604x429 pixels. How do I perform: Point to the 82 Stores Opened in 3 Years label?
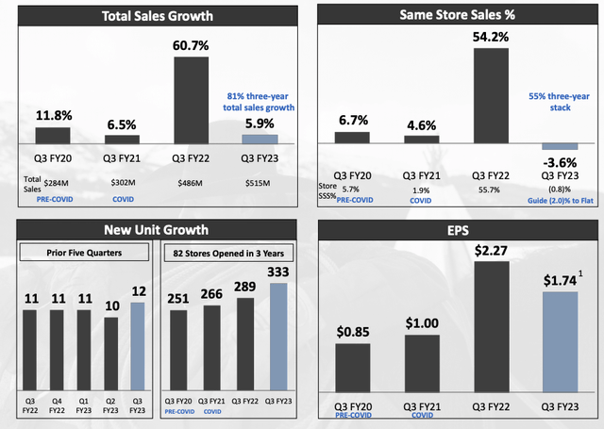coord(226,253)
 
